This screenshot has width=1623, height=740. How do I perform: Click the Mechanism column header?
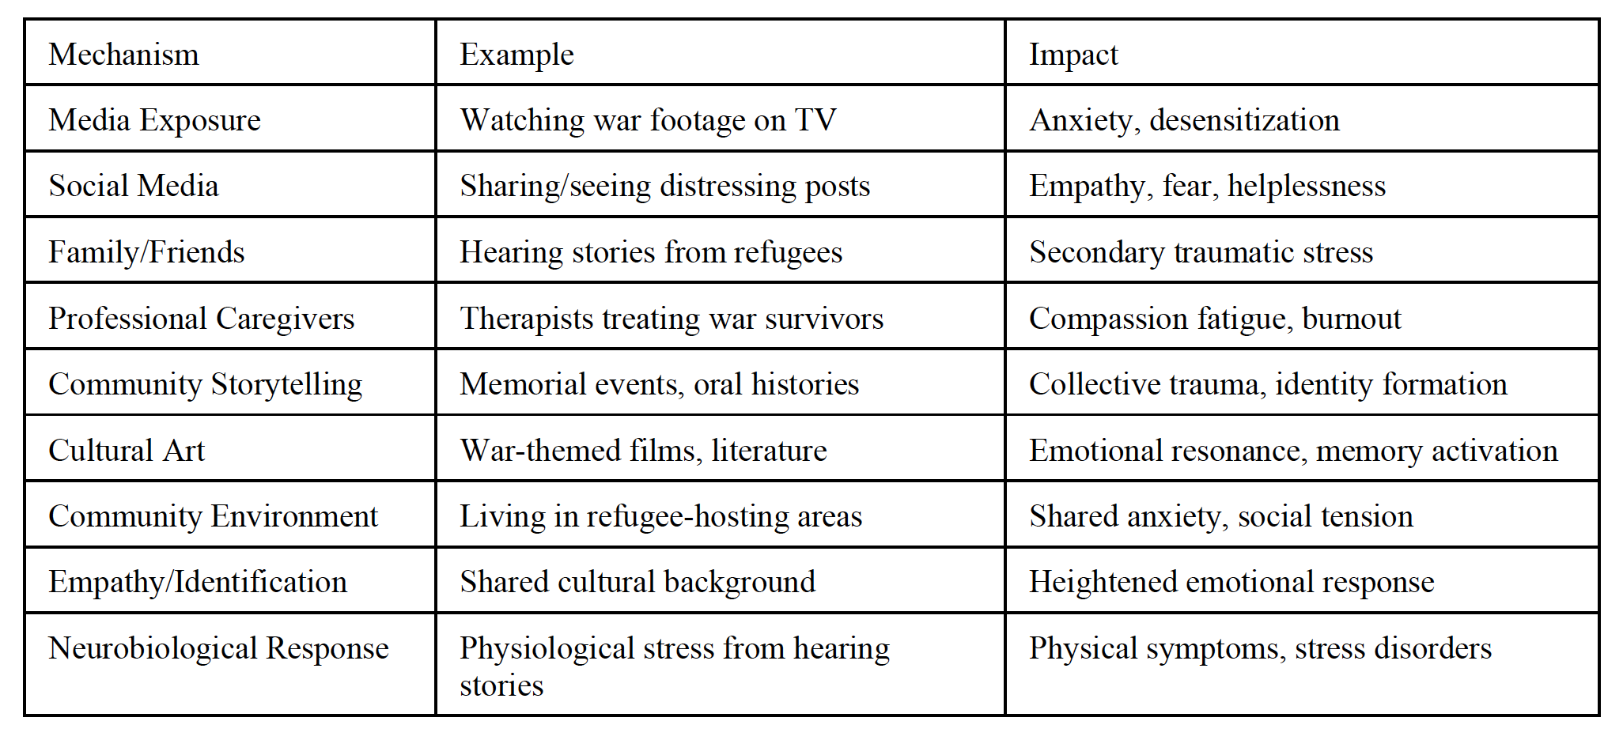coord(124,55)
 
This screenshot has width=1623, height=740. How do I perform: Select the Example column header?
coord(516,55)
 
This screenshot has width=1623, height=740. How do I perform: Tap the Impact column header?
coord(1073,55)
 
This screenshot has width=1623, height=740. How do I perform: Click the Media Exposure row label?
coord(154,120)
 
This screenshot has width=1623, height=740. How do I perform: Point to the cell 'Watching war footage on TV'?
coord(648,120)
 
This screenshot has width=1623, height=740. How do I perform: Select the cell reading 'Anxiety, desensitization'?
coord(1184,120)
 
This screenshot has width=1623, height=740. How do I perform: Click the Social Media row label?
coord(134,186)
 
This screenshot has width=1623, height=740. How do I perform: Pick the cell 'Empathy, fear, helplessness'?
coord(1207,186)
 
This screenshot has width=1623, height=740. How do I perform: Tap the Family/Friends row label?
coord(146,252)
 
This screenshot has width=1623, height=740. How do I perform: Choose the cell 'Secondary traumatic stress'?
coord(1201,252)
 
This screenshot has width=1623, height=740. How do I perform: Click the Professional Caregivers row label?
coord(201,319)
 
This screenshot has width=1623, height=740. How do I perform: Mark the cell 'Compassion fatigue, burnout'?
coord(1215,319)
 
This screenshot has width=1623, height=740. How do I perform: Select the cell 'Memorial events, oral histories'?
coord(659,384)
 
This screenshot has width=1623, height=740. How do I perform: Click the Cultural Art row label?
coord(127,451)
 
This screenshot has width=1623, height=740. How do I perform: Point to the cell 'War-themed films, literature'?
coord(643,451)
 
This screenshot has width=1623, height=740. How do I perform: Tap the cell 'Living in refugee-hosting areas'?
coord(660,516)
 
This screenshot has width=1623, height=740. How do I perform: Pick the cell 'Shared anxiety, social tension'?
coord(1220,516)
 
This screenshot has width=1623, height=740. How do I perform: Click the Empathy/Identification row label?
coord(198,582)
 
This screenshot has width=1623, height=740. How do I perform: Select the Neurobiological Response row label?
coord(218,648)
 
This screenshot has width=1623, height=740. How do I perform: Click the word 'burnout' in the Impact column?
coord(1351,319)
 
